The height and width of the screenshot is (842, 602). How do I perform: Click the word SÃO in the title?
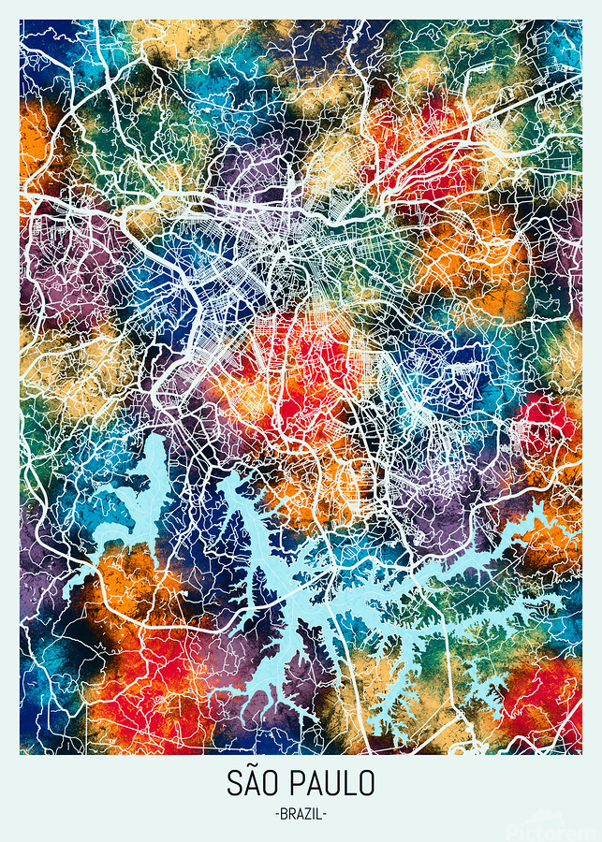coord(253,783)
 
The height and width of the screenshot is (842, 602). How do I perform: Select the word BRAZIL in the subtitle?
coord(301,814)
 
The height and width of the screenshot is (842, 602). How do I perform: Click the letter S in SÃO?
coord(233,784)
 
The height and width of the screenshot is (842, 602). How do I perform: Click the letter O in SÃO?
coord(272,784)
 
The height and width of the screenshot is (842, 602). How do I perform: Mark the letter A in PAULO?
coord(312,784)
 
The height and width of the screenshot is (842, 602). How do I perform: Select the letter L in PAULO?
coord(348,784)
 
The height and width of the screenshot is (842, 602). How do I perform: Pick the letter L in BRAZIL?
coord(318,814)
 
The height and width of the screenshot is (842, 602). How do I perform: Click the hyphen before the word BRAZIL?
coord(278,814)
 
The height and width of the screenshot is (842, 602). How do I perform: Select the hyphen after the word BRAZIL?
coord(324,814)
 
